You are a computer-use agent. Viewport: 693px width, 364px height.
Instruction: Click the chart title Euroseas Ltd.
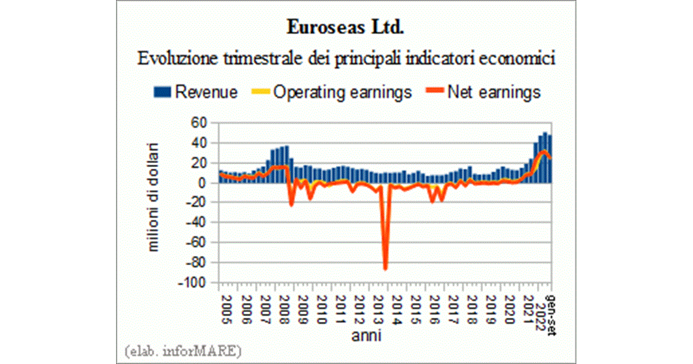click(x=346, y=28)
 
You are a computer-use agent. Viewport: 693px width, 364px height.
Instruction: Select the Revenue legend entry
click(x=196, y=92)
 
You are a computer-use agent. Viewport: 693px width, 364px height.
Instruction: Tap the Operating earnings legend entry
click(x=333, y=92)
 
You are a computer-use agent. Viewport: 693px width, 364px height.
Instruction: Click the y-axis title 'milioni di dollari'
click(x=154, y=196)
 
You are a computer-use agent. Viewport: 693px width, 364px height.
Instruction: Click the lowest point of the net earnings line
click(x=385, y=268)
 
